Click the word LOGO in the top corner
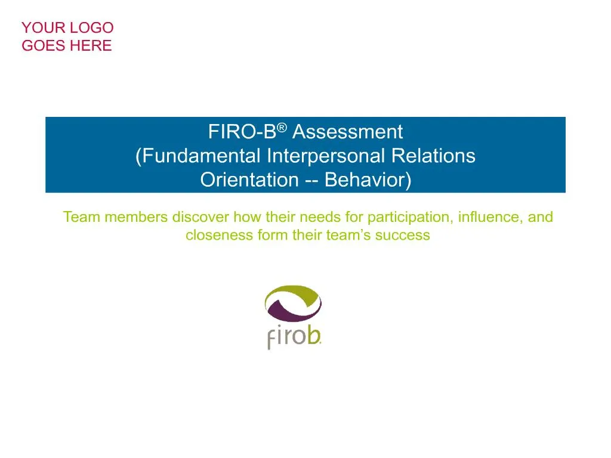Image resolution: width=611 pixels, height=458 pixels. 92,27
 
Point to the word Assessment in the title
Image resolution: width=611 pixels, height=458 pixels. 347,131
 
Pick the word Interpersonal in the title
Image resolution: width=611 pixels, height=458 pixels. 326,156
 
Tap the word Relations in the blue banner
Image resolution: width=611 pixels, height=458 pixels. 433,156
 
